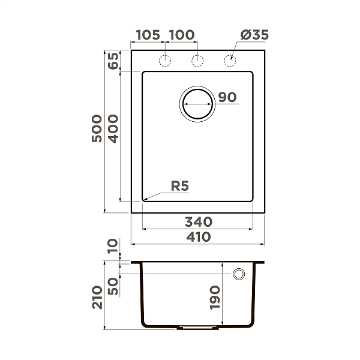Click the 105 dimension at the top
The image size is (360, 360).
coord(148,35)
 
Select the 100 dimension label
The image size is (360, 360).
coord(181,35)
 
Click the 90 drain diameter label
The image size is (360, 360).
coord(228,97)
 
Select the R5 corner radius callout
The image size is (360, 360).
coord(179,186)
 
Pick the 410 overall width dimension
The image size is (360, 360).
coord(198,237)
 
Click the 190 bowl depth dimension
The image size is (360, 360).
coord(216,297)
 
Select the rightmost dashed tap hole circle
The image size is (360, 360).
coord(229,60)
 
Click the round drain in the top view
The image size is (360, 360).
coord(197,103)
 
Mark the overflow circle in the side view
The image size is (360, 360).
coord(239,274)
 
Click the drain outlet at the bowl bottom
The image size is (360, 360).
coord(197,328)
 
